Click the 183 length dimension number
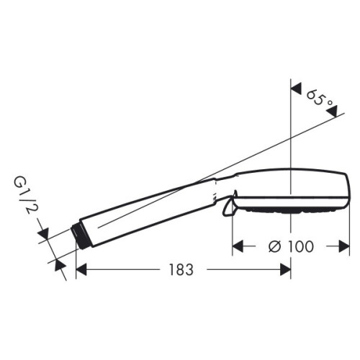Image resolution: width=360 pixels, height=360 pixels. point(181,269)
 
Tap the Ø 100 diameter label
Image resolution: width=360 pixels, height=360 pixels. point(291,246)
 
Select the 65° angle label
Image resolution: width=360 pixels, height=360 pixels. point(320,99)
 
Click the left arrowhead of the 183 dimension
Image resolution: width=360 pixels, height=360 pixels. point(81,269)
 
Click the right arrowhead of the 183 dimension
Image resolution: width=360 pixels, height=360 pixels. point(286,269)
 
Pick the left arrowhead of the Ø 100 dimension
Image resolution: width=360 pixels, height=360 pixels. point(238,246)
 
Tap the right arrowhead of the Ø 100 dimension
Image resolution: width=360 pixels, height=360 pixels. point(344,246)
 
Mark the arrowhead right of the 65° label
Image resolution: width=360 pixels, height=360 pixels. point(332,112)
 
